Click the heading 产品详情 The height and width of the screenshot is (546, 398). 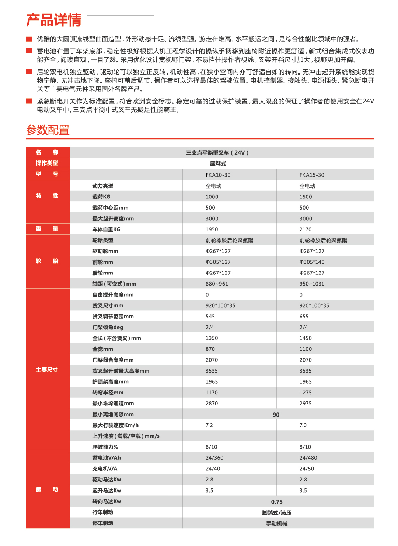coord(54,20)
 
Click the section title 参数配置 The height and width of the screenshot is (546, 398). coord(48,130)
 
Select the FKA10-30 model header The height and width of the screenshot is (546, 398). coord(218,175)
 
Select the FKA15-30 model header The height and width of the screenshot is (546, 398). coord(312,175)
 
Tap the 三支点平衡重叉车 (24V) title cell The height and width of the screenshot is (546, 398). coord(217,153)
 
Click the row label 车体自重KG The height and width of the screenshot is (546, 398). coord(106,229)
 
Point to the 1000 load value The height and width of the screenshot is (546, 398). coord(212,197)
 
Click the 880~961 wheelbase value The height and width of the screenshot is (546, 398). coord(217,284)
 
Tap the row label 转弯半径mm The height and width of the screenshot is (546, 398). coord(108,393)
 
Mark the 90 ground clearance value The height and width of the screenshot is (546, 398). coord(276,415)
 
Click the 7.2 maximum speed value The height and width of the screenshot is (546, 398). coord(209,425)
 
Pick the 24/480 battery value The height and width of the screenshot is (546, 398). coord(308,458)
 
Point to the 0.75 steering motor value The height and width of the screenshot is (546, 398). coord(277,502)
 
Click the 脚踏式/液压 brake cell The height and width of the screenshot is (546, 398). coord(277,513)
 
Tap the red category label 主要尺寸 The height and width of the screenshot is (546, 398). coord(47,370)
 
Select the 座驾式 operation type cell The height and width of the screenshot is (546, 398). coord(218,163)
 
